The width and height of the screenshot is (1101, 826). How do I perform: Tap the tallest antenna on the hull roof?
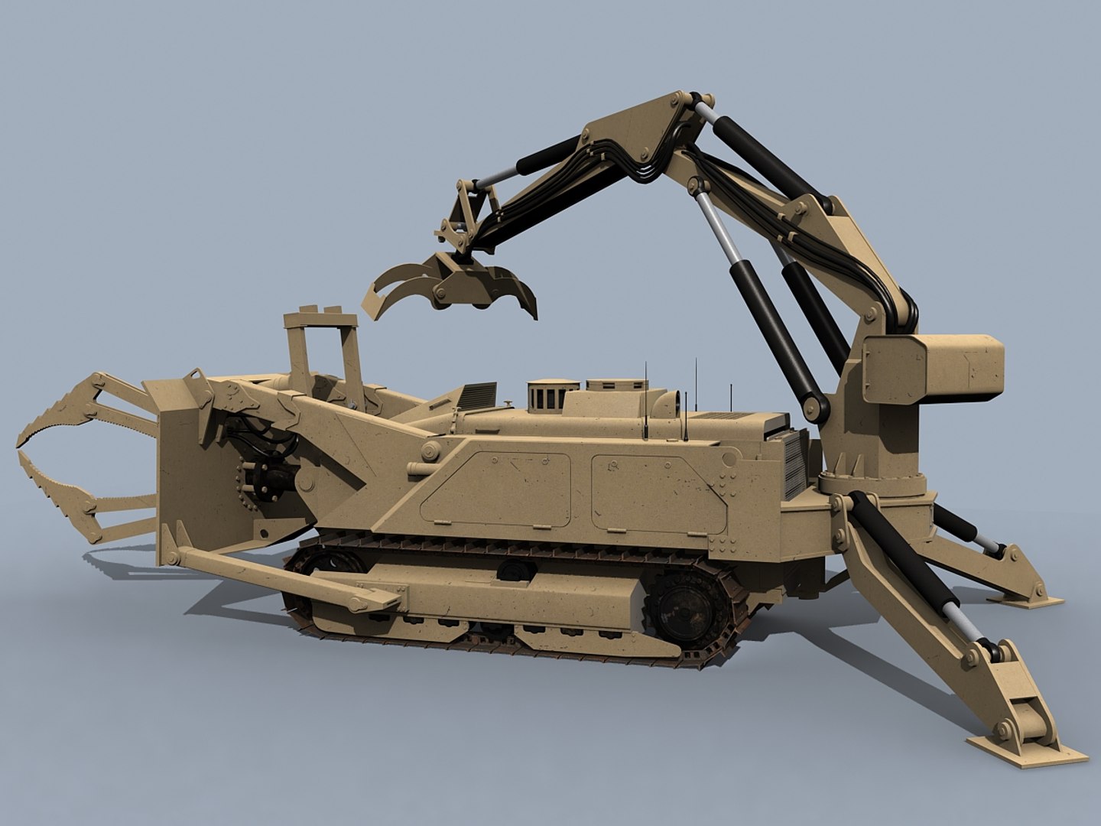point(697,398)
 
